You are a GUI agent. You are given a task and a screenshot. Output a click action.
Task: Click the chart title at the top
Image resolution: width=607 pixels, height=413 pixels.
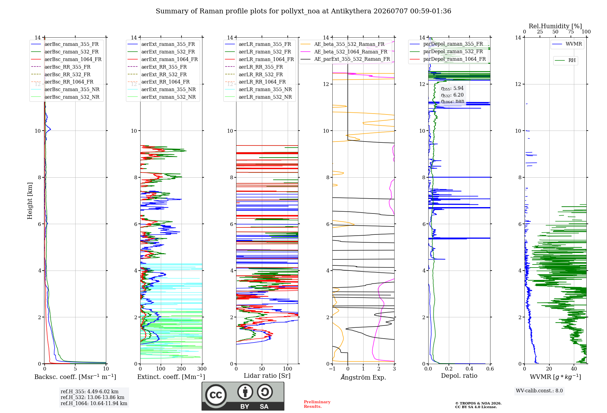303,11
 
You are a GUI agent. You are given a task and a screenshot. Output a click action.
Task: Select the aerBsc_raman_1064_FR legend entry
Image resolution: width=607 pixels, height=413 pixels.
66,59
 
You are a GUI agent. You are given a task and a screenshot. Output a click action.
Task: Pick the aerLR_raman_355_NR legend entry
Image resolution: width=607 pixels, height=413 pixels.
258,89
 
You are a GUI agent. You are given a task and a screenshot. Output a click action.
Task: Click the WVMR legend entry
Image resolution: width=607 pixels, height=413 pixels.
567,44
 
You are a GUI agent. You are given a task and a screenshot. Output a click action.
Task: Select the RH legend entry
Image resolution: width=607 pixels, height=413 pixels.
565,60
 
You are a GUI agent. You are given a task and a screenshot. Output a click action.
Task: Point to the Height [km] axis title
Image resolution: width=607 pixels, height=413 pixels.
30,201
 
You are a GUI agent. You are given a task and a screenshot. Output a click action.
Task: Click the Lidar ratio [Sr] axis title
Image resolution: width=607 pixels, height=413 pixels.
267,376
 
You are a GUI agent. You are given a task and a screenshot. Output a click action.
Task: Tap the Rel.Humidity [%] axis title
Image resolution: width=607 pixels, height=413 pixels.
555,26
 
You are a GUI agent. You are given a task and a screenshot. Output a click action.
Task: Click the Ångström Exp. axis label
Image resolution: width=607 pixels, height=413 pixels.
363,377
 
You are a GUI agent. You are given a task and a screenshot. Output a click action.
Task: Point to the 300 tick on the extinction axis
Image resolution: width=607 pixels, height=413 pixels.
202,369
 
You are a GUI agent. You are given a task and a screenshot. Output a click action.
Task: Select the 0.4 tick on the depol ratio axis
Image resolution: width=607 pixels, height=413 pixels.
470,369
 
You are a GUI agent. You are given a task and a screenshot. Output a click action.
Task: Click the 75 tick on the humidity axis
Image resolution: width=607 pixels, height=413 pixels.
571,32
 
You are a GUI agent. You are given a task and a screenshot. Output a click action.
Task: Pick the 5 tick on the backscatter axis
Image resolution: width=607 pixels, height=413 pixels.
75,369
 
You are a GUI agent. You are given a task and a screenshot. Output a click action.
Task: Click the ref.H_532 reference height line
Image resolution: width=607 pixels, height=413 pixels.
93,397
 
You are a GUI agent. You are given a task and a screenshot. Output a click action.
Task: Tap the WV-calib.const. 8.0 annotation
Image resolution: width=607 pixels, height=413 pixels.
539,391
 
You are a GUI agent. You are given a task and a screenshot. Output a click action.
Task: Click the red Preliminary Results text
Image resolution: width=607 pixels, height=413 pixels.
317,404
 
